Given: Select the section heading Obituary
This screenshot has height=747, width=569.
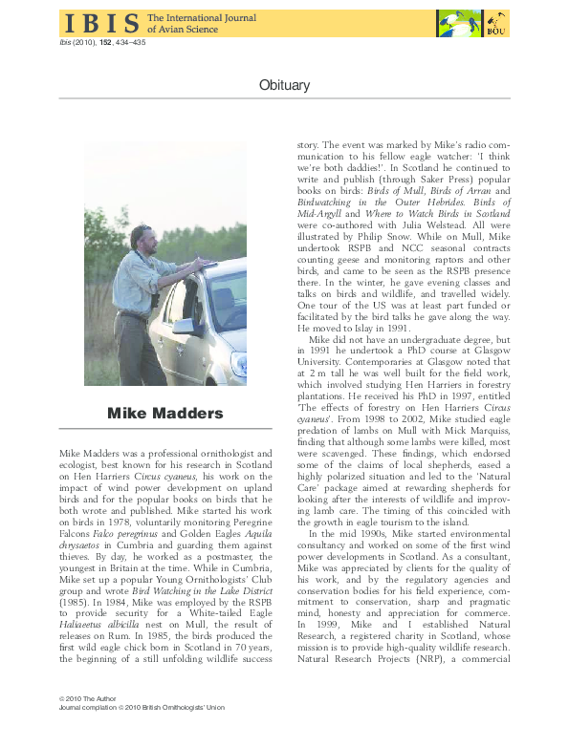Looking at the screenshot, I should pos(284,85).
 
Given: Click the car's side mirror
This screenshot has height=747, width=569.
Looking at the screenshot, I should pos(183,326).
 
